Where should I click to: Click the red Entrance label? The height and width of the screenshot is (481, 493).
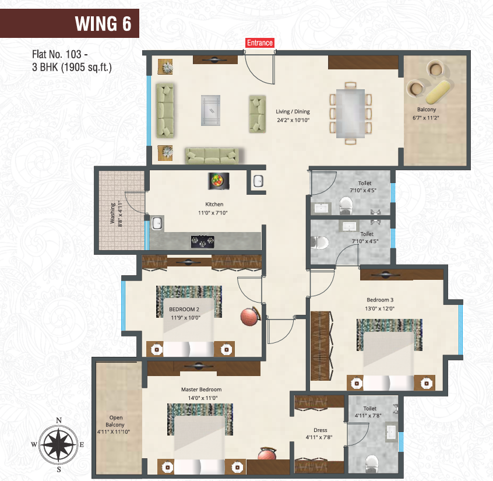pos(259,43)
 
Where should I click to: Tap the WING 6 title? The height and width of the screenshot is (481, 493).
pos(103,24)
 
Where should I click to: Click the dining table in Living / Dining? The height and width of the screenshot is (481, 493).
pos(351,114)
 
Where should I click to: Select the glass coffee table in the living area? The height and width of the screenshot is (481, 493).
pos(210,110)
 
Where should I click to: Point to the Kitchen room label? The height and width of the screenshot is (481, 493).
pos(214,204)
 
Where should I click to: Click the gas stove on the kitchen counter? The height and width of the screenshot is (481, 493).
pos(202,241)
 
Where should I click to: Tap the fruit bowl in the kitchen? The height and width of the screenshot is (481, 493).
pos(218,181)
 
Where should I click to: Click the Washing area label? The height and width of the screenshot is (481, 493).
pos(112,213)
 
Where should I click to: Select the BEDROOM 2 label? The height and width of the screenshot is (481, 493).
pos(184,309)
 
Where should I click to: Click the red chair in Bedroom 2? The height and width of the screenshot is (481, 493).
pos(250,317)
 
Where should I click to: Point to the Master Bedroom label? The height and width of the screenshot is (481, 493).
pos(201,389)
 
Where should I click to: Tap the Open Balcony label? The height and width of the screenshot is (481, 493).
pos(115,421)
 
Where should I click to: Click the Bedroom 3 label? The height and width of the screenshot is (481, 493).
pos(380,300)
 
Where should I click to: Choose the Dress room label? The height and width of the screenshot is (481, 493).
pos(320,430)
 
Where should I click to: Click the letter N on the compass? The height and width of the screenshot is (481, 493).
pos(59,420)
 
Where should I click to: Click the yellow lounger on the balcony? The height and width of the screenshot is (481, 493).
pos(439,92)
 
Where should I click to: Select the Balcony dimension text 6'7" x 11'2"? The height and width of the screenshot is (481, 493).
pos(426,118)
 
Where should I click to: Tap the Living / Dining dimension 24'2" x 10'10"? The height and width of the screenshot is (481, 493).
pos(293,120)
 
